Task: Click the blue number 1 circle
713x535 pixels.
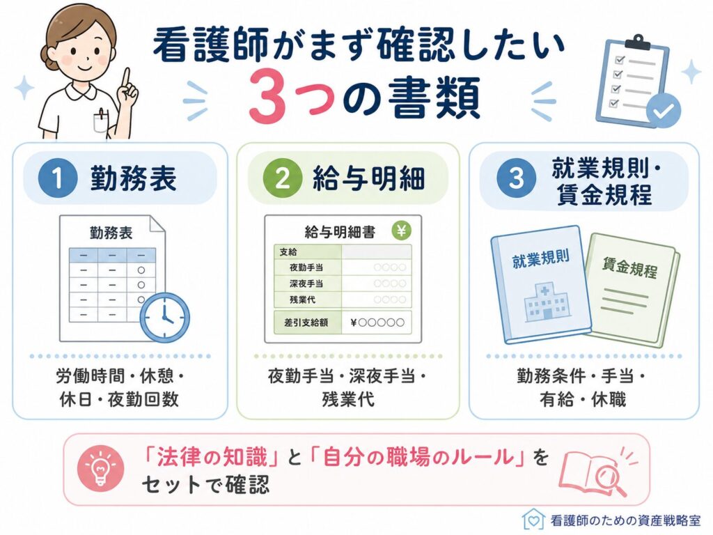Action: click(x=57, y=178)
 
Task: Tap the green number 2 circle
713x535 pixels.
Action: click(x=283, y=178)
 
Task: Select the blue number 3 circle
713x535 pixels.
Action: click(x=516, y=178)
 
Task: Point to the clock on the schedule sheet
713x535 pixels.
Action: click(x=164, y=318)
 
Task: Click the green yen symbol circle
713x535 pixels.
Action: click(x=401, y=231)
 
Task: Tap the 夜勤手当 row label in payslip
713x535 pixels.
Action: click(x=306, y=267)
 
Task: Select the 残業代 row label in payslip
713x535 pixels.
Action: click(x=302, y=300)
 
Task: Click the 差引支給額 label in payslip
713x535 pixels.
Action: click(x=306, y=323)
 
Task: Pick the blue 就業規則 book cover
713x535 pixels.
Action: click(x=541, y=285)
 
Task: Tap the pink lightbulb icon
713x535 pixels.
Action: click(x=100, y=468)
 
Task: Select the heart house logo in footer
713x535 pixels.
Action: click(x=533, y=518)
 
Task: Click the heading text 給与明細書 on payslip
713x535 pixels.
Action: click(x=340, y=233)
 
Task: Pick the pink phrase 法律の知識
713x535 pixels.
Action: click(x=212, y=457)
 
